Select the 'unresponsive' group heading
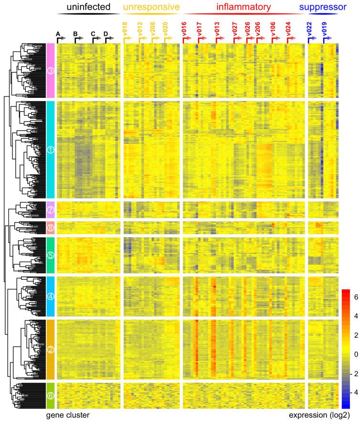151,7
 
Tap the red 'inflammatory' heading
243,7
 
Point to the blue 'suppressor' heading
322,7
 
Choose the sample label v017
200,30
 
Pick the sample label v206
258,30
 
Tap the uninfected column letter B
75,34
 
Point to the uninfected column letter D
106,34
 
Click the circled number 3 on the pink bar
51,71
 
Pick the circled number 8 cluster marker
51,227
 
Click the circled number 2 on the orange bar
51,349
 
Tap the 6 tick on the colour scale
354,297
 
